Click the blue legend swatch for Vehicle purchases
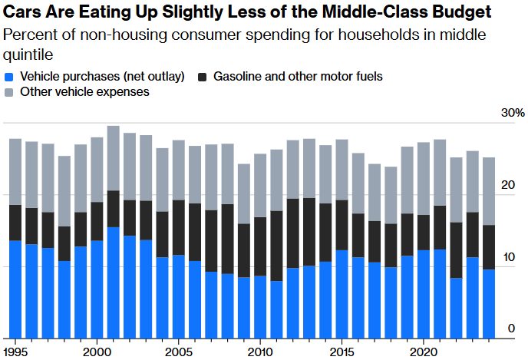coord(9,77)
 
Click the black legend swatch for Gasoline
coord(203,77)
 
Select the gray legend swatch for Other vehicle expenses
coord(9,92)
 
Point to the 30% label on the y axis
coord(513,113)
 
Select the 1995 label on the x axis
coord(15,351)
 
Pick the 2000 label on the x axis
coord(96,351)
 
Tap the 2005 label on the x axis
coord(178,351)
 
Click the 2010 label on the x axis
coord(260,351)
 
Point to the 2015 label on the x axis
coord(342,351)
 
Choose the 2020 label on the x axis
coord(424,351)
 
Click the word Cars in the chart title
coord(23,13)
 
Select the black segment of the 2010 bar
coord(260,246)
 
